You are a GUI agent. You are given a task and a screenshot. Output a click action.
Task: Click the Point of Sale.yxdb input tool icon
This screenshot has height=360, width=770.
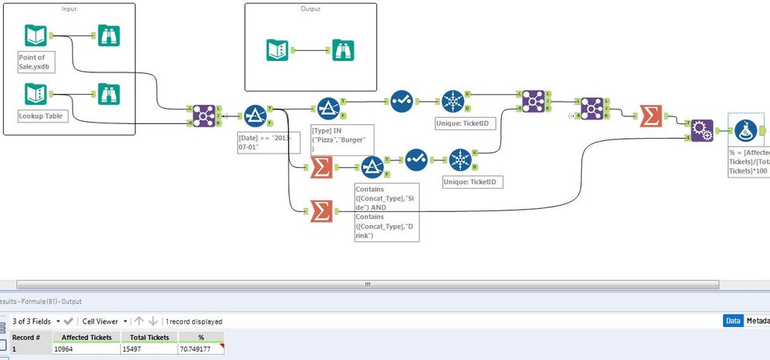coord(36,36)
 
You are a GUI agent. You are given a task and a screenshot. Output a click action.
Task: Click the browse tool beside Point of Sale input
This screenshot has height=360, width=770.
coord(109,36)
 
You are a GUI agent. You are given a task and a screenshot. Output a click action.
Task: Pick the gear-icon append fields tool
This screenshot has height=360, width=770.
coord(702,130)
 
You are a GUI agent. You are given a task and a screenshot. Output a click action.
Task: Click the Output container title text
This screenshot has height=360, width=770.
coord(311,8)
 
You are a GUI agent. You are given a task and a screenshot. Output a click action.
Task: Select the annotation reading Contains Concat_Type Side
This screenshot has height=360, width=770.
coord(386,212)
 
